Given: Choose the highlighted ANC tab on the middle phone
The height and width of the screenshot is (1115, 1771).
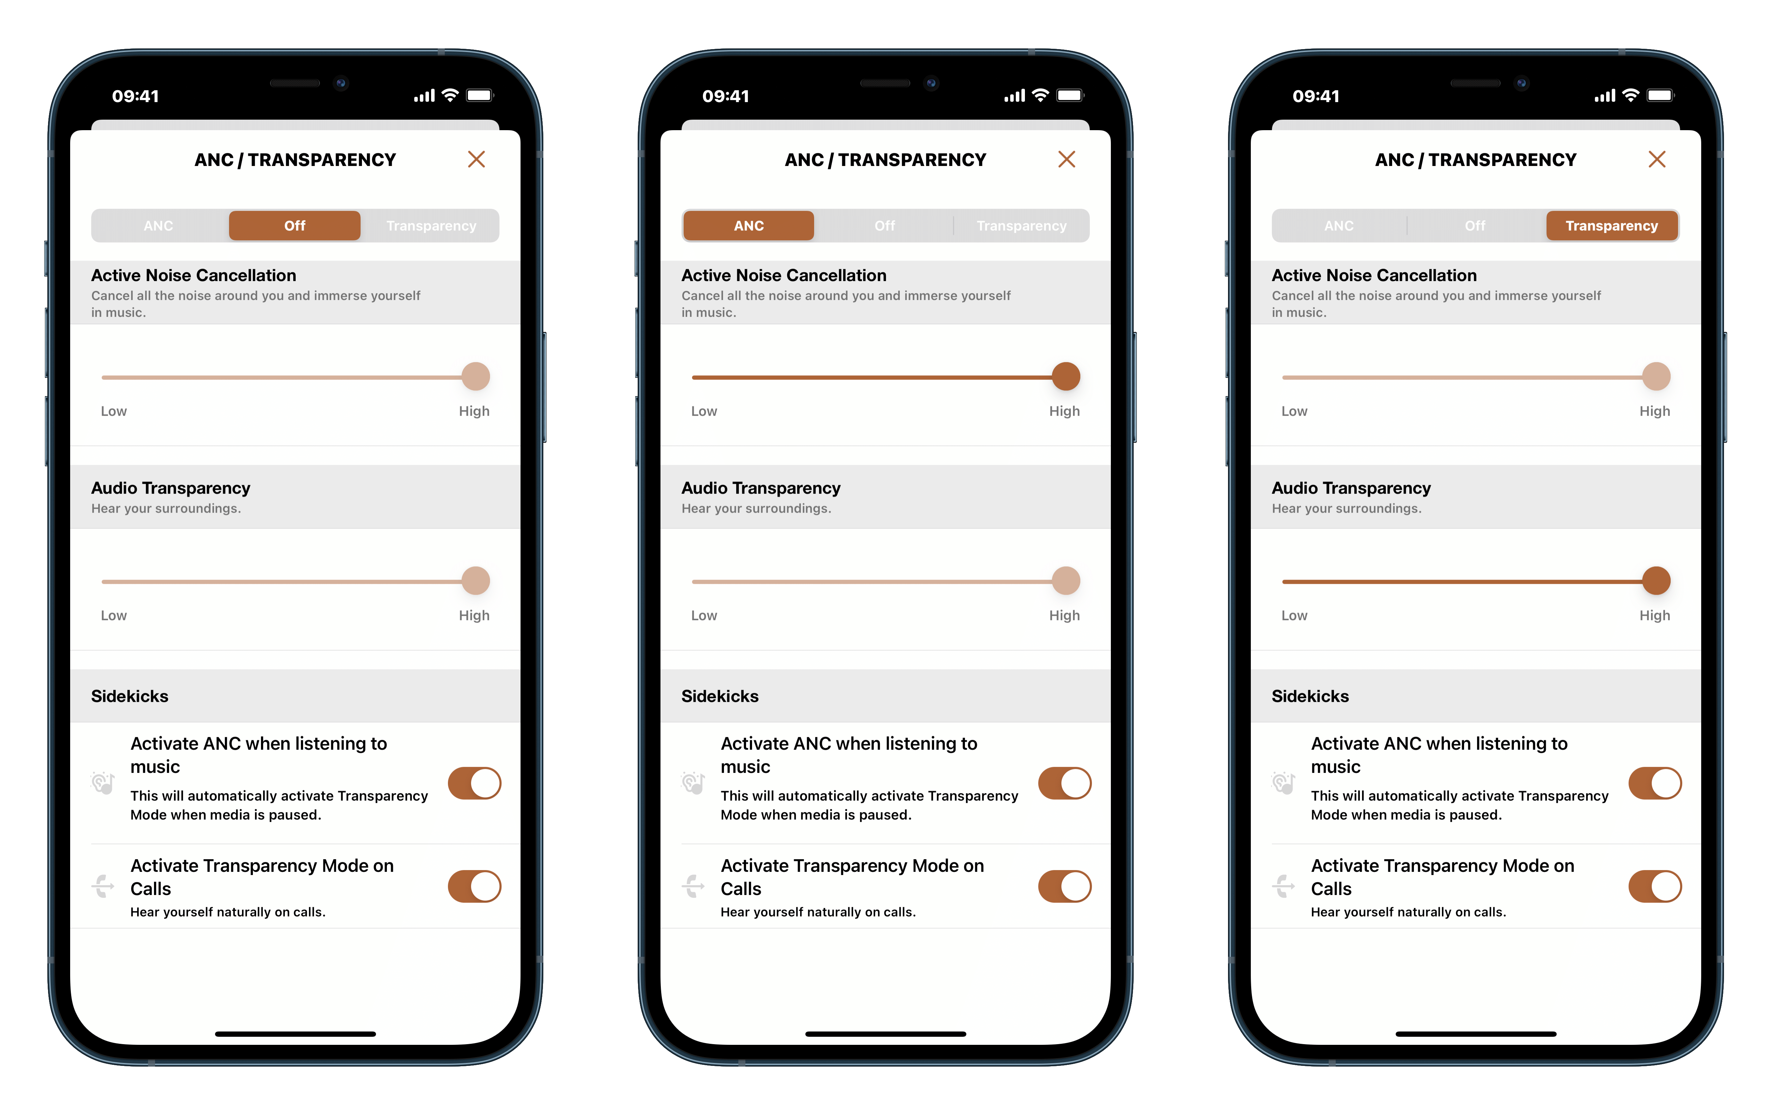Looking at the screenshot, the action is point(749,226).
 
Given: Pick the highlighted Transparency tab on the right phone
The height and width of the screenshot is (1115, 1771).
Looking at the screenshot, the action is point(1612,226).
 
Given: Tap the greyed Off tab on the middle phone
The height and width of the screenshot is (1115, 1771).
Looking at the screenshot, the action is point(885,226).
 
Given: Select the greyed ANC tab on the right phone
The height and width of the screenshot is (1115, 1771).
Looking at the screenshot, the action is point(1339,226).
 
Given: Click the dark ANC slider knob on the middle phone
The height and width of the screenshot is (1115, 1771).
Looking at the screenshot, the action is point(1066,376).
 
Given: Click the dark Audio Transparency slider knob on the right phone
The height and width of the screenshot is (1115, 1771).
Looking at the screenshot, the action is point(1656,581).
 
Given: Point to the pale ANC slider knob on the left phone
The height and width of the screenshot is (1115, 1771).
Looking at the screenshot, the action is point(476,376).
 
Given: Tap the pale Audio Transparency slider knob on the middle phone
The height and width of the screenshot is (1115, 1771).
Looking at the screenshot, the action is point(1066,581).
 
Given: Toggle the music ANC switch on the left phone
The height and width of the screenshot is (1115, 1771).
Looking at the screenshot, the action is point(474,783).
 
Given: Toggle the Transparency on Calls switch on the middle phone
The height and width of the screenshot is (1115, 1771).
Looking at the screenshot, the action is point(1065,886).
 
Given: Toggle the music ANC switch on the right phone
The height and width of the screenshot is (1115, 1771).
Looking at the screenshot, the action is point(1656,783).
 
